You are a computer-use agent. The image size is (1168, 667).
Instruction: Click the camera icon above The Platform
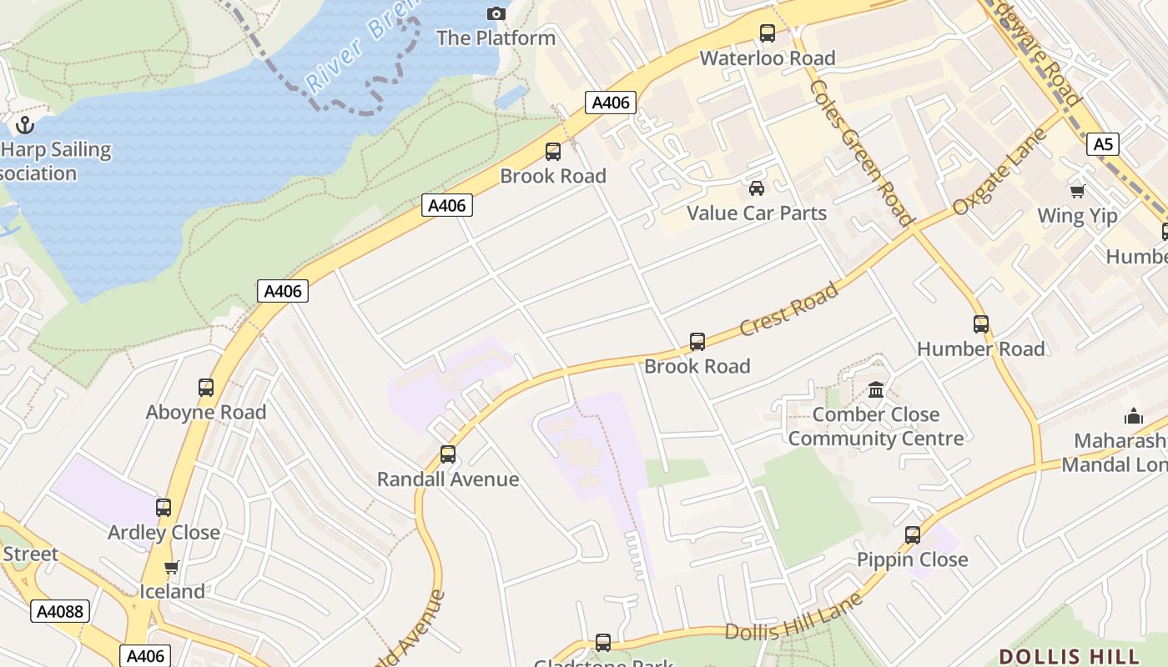[496, 13]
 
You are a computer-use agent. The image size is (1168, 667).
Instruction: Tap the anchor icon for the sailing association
[25, 125]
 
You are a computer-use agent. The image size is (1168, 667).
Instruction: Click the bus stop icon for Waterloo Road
[767, 33]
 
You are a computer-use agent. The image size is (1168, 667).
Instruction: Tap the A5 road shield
[1103, 144]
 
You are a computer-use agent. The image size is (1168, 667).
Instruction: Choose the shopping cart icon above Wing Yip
[1077, 192]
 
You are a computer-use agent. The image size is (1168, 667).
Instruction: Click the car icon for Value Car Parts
[756, 188]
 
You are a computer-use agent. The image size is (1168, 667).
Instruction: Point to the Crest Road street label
[788, 309]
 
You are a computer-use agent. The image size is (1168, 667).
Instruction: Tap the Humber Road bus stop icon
[980, 324]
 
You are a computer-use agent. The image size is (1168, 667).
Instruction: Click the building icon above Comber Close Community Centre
[875, 389]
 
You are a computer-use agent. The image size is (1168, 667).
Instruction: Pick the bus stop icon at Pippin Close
[913, 535]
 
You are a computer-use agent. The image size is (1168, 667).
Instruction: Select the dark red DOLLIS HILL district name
[1069, 655]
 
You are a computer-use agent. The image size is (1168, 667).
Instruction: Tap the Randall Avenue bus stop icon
[448, 454]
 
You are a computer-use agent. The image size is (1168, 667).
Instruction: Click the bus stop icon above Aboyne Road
[205, 388]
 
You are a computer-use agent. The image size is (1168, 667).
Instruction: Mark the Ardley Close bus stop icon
[164, 508]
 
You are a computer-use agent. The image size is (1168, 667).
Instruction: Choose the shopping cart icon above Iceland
[171, 568]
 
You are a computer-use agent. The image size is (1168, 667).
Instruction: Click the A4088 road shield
[60, 611]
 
